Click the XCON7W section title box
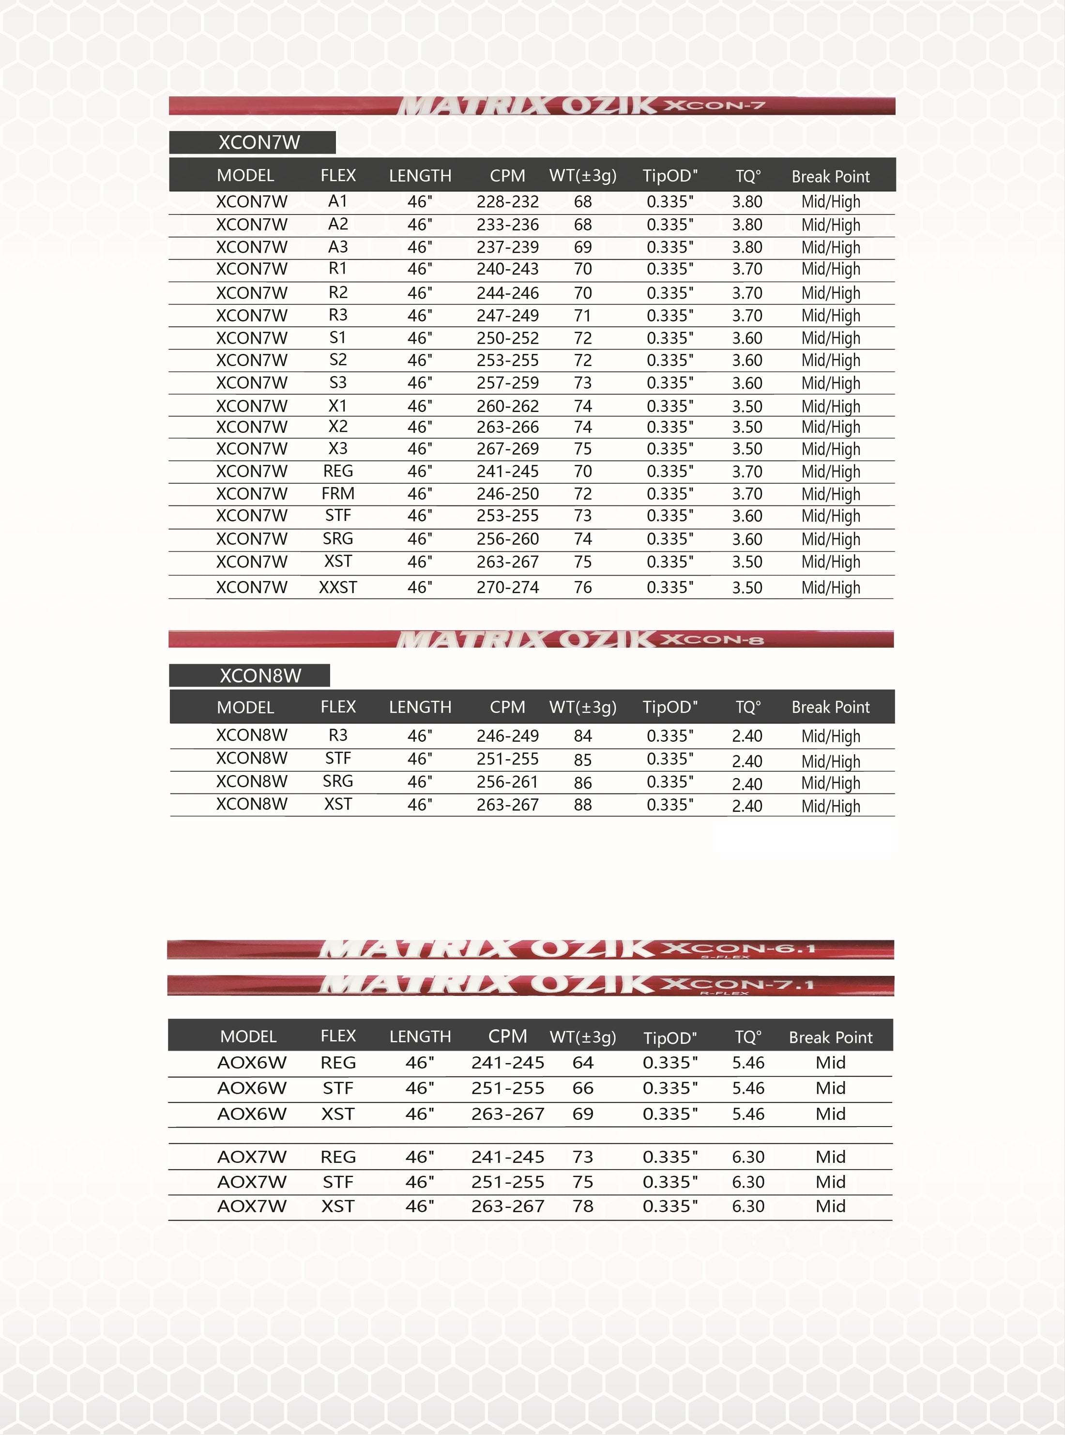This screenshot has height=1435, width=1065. (x=252, y=142)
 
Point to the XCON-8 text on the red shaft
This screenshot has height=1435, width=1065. (x=712, y=640)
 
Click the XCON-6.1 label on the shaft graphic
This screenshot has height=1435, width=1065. (x=739, y=949)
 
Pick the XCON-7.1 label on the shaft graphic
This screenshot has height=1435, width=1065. (x=739, y=984)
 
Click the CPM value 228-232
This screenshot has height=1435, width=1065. (x=507, y=202)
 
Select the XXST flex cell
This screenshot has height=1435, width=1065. (x=338, y=587)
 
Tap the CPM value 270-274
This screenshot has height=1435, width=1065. (x=507, y=587)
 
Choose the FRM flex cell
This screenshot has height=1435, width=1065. (x=338, y=494)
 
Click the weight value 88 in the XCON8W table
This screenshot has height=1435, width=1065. (x=583, y=805)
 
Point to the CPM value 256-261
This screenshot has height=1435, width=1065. (x=507, y=782)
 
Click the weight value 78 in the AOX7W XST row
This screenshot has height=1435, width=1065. (x=583, y=1206)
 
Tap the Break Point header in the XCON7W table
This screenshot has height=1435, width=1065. (x=830, y=176)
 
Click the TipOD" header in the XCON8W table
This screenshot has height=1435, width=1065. (x=670, y=707)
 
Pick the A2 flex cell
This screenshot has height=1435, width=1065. (x=338, y=224)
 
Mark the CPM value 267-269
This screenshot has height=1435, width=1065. (x=507, y=449)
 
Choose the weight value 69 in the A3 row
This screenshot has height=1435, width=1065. (x=583, y=247)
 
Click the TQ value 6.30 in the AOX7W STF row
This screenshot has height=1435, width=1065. (x=748, y=1182)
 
